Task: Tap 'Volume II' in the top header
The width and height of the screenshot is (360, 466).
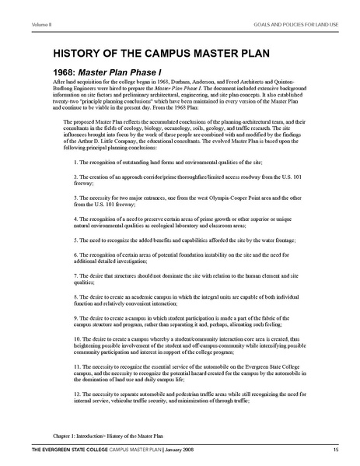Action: [x=18, y=6]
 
